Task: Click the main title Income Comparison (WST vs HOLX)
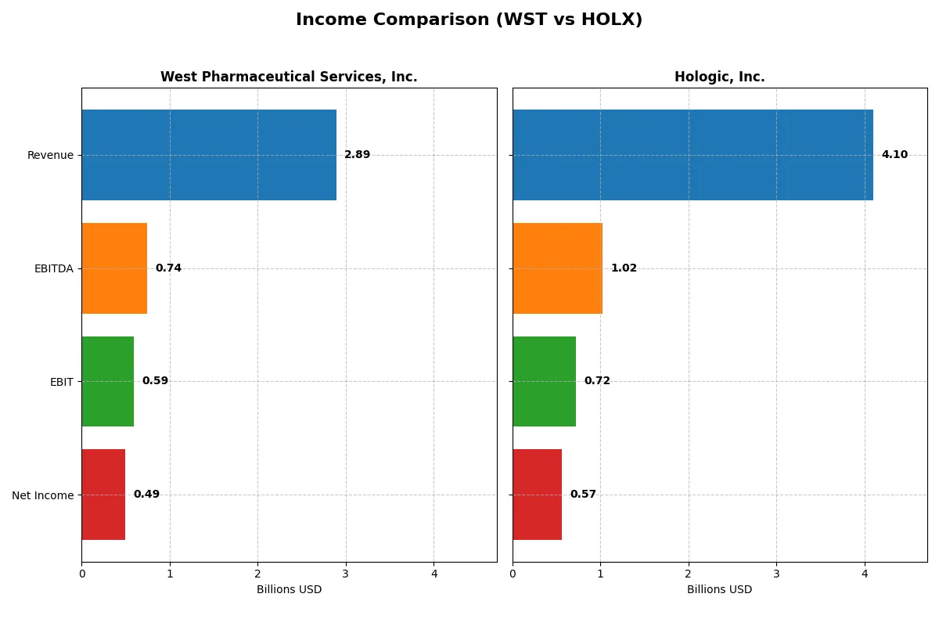(x=469, y=20)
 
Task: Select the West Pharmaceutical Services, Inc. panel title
(x=289, y=77)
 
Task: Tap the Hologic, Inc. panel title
(x=719, y=77)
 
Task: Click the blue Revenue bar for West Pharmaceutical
(x=209, y=155)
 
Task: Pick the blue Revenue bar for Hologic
(x=693, y=155)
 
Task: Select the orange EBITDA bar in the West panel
(x=114, y=268)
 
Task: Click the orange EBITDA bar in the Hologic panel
(x=557, y=268)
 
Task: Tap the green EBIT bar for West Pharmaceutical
(x=107, y=381)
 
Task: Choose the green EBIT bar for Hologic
(x=544, y=381)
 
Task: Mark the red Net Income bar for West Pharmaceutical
(x=103, y=495)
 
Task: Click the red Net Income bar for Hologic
(x=537, y=495)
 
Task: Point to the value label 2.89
(x=357, y=155)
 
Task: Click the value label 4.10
(x=894, y=155)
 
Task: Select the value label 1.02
(x=624, y=268)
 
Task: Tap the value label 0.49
(x=146, y=495)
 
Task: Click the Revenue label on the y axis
(x=50, y=155)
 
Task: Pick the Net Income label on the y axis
(x=43, y=495)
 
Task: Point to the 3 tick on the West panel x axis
(x=346, y=573)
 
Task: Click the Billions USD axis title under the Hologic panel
(x=719, y=589)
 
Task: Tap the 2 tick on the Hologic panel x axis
(x=689, y=573)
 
